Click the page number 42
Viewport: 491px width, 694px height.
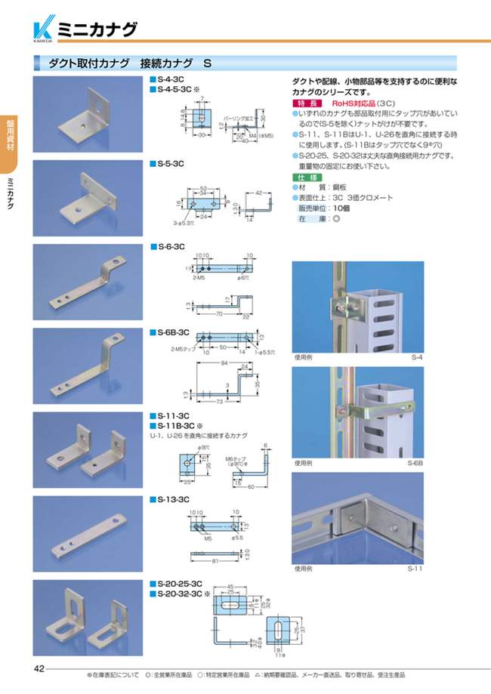39,668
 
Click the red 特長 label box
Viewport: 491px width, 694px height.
307,103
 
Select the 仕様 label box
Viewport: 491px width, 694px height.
307,175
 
